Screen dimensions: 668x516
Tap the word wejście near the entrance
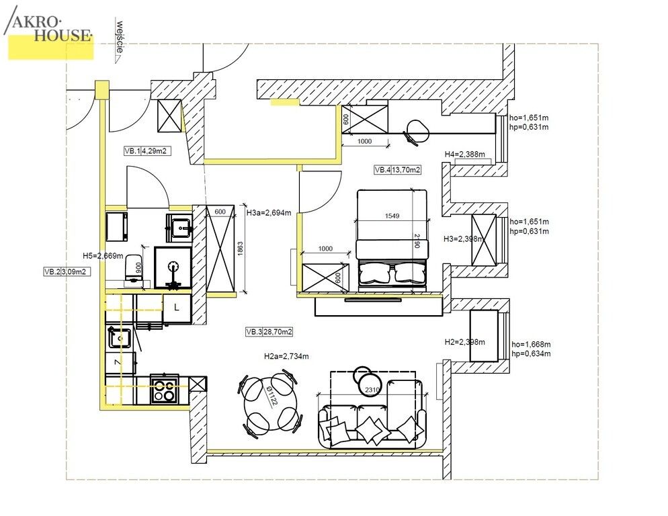[x=120, y=37]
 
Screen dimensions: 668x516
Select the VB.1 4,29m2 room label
[x=147, y=151]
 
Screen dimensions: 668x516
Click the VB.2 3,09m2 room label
[x=67, y=271]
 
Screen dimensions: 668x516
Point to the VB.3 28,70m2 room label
[x=269, y=332]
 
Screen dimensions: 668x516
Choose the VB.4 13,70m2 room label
[x=397, y=170]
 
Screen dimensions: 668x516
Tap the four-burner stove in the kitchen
[x=164, y=390]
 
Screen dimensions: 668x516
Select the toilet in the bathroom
[x=133, y=269]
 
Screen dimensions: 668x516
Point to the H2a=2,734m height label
[x=286, y=356]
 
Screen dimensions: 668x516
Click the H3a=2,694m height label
[x=269, y=212]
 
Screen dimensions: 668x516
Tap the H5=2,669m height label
[x=103, y=256]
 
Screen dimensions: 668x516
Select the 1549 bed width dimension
[x=392, y=216]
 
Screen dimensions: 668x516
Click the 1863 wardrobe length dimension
[x=240, y=249]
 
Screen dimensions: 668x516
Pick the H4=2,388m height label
[x=465, y=155]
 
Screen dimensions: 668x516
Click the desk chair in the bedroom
[x=417, y=132]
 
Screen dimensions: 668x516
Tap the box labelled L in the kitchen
[x=177, y=308]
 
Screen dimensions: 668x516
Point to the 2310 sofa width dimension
[x=372, y=390]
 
